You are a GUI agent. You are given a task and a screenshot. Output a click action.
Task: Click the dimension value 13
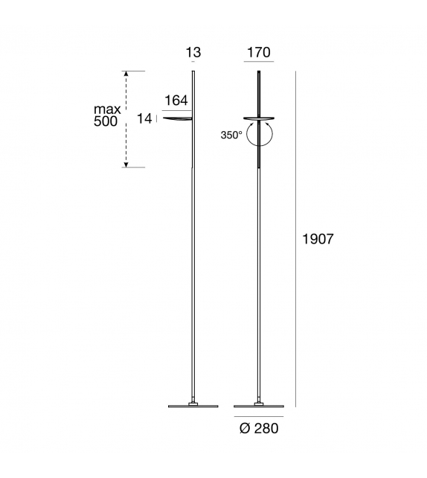coord(193,52)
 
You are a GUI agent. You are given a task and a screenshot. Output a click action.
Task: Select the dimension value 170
coord(258,52)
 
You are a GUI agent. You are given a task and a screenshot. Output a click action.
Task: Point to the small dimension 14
coord(144,118)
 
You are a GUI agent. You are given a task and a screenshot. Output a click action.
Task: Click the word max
coord(107,109)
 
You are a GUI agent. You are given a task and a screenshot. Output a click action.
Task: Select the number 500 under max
coord(106,122)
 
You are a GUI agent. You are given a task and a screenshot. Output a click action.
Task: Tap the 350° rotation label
coord(231,136)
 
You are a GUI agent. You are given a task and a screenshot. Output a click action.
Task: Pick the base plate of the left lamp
coord(193,406)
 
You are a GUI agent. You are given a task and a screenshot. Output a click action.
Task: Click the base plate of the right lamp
coord(259,406)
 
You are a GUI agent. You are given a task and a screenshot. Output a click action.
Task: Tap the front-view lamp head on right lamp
coord(259,117)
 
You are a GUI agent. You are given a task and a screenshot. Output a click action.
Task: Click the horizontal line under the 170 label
coord(258,62)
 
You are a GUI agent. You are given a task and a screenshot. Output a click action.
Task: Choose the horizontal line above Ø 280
coord(259,415)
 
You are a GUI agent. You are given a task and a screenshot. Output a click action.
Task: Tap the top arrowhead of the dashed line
coord(126,74)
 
